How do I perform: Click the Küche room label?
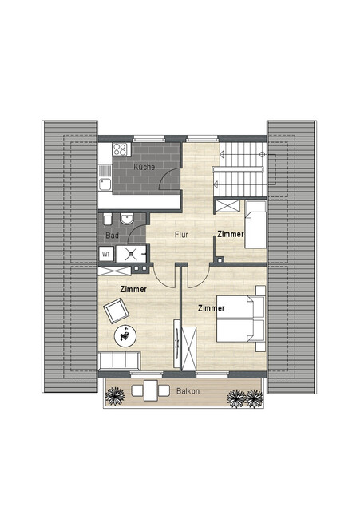[144, 167]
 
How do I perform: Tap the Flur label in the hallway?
[181, 234]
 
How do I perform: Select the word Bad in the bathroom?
[112, 236]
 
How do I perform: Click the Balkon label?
[188, 391]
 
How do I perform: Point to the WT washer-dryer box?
[106, 254]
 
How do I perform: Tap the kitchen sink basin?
[105, 184]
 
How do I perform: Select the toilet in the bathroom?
[108, 219]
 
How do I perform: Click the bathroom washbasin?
[128, 218]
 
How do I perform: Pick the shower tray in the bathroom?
[131, 254]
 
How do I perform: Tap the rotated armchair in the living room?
[117, 311]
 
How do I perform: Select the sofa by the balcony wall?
[119, 361]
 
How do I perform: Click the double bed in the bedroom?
[240, 319]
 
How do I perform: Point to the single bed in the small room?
[255, 224]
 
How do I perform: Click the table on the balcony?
[151, 390]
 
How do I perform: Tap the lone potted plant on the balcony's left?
[115, 396]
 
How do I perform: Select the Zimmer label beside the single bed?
[231, 234]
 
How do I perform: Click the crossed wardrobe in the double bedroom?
[189, 348]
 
